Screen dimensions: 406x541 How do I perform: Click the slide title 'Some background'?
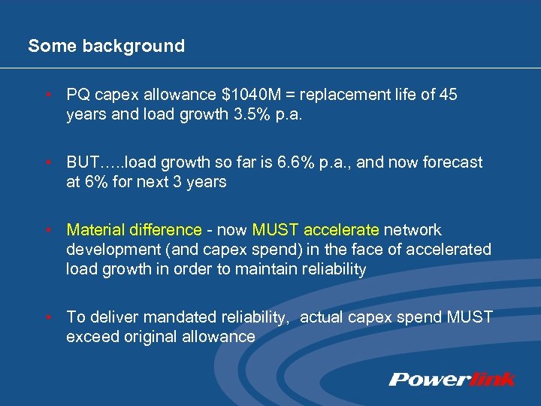106,46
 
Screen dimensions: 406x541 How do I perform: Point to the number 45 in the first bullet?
448,95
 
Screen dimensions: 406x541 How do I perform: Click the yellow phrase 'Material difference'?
134,230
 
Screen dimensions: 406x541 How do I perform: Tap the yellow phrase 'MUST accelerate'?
316,230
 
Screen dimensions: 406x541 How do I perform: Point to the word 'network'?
413,230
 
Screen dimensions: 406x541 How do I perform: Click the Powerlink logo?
452,378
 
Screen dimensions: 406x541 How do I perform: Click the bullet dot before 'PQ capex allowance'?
47,95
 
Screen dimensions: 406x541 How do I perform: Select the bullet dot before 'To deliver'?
47,317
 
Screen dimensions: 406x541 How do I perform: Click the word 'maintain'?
276,269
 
